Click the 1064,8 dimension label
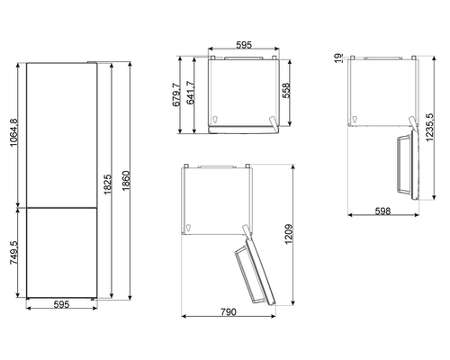coord(14,132)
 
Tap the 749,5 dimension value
coord(14,253)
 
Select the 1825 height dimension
coord(108,184)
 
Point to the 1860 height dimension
coord(126,180)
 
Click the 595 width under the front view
coord(61,304)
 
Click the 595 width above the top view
coord(244,45)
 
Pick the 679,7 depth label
coord(176,94)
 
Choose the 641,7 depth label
coord(191,93)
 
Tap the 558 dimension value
coord(286,90)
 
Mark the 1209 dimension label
coord(289,234)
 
